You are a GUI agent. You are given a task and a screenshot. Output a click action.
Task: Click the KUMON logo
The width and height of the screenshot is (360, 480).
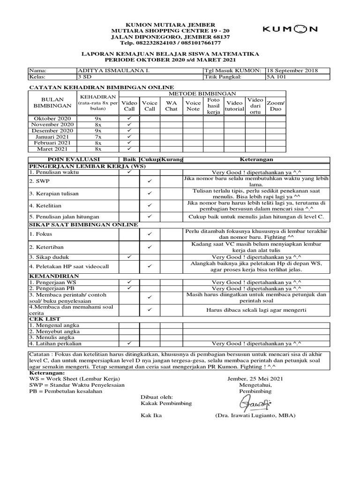[290, 29]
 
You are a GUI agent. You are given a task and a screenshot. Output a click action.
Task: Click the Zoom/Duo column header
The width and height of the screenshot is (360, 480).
[276, 105]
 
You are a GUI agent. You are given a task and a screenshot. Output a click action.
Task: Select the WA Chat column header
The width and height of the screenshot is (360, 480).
[171, 105]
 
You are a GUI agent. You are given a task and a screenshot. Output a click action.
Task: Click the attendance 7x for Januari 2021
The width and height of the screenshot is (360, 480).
[98, 136]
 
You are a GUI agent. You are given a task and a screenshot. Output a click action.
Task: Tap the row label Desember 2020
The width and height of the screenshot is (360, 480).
[52, 130]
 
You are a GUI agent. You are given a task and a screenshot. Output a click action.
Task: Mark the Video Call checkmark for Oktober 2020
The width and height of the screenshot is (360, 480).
[129, 119]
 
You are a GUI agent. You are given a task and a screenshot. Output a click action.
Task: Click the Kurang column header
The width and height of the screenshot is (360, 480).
[172, 160]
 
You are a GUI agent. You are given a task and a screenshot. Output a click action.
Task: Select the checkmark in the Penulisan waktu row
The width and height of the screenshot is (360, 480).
[129, 172]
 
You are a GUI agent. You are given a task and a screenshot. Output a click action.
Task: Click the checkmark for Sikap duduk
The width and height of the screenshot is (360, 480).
[129, 257]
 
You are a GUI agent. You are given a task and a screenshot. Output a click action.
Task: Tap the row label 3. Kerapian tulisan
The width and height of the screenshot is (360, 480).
[54, 194]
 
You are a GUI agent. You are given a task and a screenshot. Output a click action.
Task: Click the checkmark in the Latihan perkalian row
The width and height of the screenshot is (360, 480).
[129, 343]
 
